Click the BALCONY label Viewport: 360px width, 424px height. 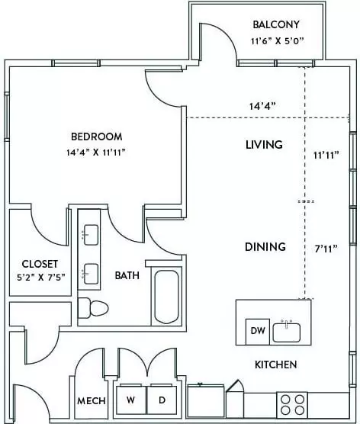276,24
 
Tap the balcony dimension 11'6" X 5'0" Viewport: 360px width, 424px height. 278,41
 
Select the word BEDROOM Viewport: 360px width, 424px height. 97,137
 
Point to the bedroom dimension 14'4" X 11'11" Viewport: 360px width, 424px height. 96,153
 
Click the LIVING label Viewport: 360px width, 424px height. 264,145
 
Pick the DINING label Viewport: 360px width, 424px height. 265,247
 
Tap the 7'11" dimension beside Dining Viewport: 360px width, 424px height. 326,249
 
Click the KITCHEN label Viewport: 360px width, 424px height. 276,365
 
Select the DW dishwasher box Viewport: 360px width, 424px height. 258,332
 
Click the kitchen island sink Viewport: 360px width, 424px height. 287,332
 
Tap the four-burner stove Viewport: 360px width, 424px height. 292,405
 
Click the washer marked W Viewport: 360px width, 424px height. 131,400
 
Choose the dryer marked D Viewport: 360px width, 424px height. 162,400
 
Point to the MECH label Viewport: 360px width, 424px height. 92,401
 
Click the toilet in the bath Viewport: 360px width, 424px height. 93,308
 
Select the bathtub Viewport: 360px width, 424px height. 166,297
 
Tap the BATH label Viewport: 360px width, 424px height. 127,275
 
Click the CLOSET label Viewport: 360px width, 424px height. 40,264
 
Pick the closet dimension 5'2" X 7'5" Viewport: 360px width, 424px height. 41,278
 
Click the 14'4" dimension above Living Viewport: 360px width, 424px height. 262,106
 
